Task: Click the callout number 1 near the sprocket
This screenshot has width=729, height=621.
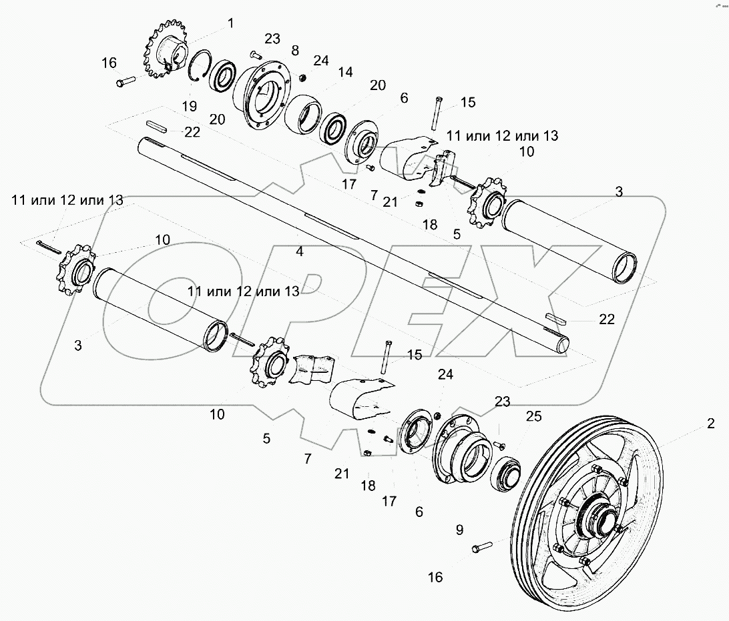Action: click(x=230, y=23)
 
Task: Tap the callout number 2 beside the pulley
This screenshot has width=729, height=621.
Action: click(x=710, y=423)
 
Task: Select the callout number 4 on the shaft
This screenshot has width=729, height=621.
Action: click(x=299, y=251)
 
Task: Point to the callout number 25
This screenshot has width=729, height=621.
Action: click(x=534, y=416)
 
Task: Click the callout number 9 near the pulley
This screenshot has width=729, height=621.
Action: click(x=459, y=530)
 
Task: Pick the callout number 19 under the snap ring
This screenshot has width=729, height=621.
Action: click(x=189, y=106)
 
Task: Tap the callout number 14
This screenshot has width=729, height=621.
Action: click(x=345, y=72)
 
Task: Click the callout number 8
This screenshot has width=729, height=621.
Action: click(x=295, y=50)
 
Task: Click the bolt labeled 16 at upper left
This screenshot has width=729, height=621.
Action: click(x=125, y=82)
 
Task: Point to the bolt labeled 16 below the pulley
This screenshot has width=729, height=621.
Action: click(x=482, y=547)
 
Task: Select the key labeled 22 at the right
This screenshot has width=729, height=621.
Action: click(x=555, y=318)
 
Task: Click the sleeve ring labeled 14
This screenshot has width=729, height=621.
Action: click(x=303, y=114)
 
